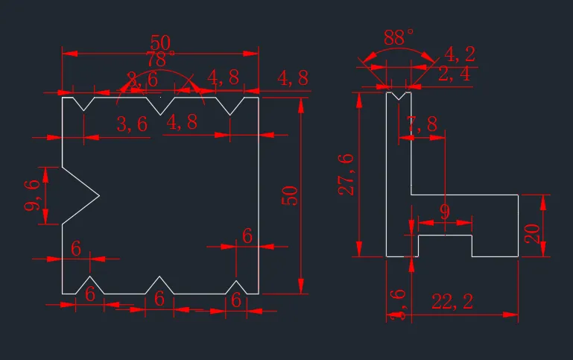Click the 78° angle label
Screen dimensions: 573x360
point(160,58)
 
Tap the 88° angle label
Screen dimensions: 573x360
point(399,37)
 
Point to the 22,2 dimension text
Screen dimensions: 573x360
point(452,301)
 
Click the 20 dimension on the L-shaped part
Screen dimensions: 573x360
point(532,227)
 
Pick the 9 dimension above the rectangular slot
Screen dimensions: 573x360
point(445,212)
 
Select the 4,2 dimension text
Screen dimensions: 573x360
point(460,54)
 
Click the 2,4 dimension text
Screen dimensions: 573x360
point(454,73)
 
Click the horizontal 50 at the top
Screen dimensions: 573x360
point(160,42)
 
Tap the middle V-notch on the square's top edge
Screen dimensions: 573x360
point(160,104)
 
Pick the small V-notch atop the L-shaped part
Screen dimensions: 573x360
point(399,95)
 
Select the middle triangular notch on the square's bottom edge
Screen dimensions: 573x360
point(159,286)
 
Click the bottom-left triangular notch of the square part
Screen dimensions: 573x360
point(90,286)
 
